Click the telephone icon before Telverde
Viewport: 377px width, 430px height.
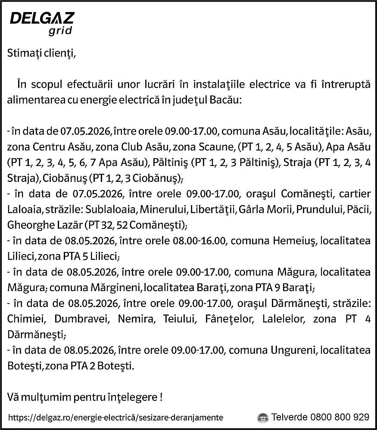[x=262, y=418]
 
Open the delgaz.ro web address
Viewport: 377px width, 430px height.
[x=115, y=418]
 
